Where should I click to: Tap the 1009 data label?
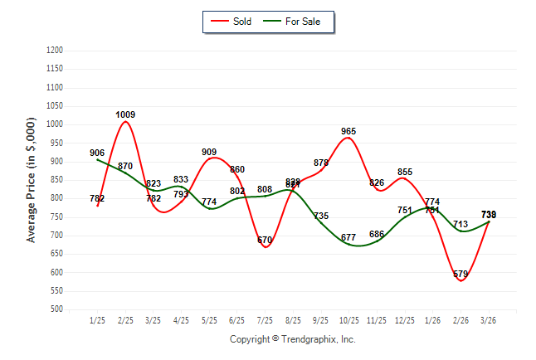(x=126, y=114)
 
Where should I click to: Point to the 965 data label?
(x=348, y=131)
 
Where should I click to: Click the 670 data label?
(x=265, y=241)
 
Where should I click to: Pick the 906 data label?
(x=97, y=153)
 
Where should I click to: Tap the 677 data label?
(x=348, y=238)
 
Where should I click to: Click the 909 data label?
(x=209, y=152)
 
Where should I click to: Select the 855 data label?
(x=405, y=172)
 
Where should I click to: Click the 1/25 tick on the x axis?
(x=97, y=319)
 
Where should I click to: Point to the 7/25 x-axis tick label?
(x=265, y=319)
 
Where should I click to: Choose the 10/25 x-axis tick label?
(x=348, y=319)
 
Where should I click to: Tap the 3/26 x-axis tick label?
(x=489, y=319)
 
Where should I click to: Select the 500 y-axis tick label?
(x=57, y=309)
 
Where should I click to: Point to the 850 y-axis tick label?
(x=57, y=180)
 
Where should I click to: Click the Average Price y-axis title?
(x=32, y=179)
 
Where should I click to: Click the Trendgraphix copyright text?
(x=292, y=339)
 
